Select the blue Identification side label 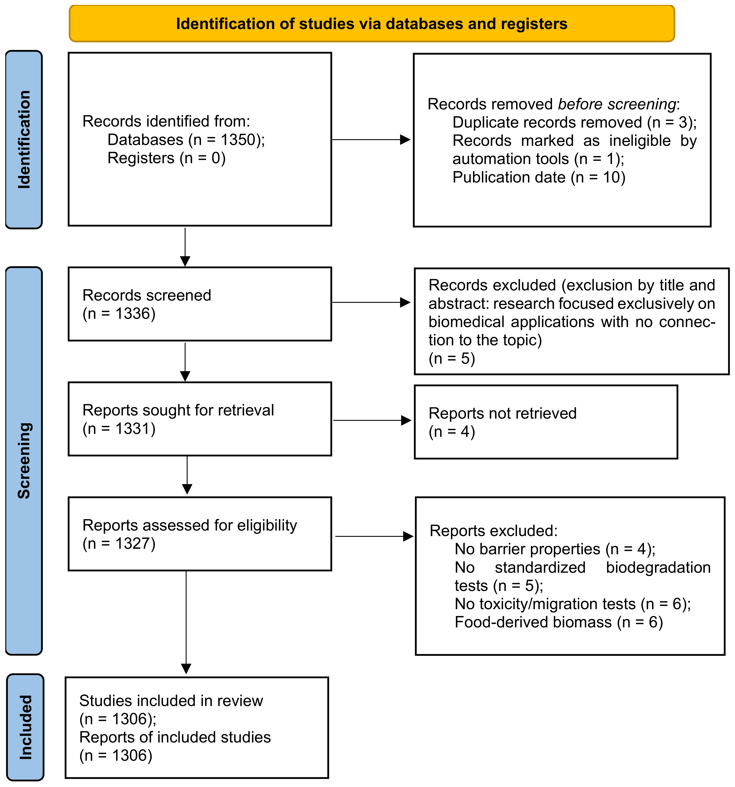tap(24, 139)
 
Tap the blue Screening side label tap(24, 461)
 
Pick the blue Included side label tap(25, 727)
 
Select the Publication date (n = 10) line tap(539, 177)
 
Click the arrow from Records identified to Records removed tap(371, 139)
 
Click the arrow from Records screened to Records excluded tap(371, 302)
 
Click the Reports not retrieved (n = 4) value tap(452, 432)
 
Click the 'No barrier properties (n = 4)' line tap(555, 549)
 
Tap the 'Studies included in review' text tap(171, 701)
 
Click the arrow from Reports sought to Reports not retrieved tap(372, 421)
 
